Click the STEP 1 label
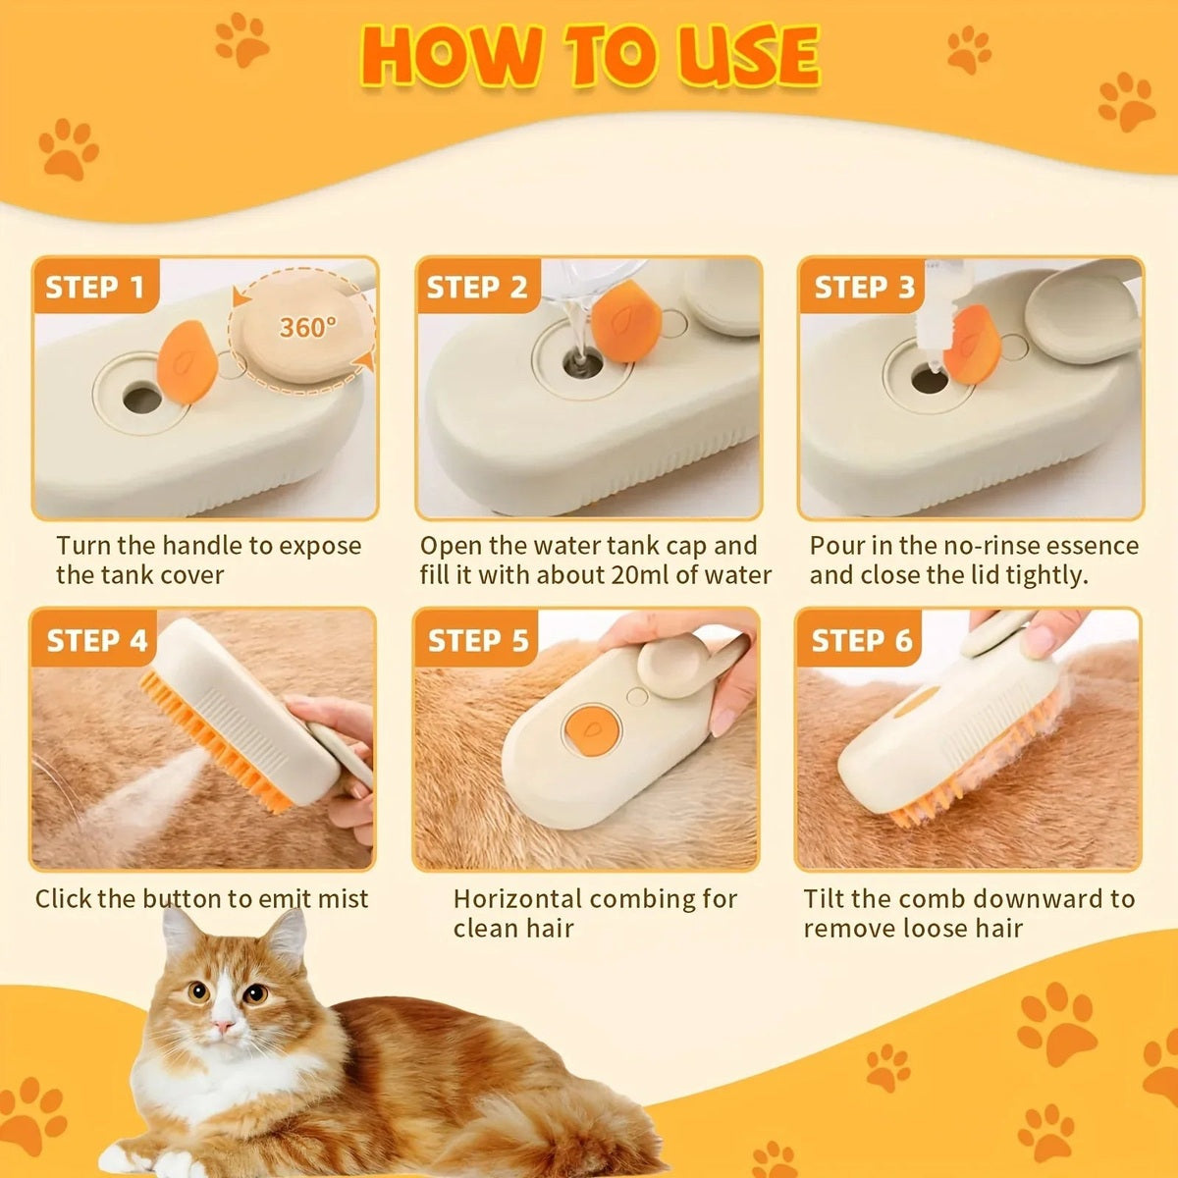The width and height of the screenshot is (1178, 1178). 95,288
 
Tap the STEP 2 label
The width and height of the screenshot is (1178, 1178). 477,288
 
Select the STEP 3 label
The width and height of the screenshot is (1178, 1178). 864,288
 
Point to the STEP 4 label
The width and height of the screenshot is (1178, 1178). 96,640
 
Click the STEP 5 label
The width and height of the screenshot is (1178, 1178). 478,640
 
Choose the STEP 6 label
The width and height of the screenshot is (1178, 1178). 862,640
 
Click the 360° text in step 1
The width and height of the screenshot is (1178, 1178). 307,327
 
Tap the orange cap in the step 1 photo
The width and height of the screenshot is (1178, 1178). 188,361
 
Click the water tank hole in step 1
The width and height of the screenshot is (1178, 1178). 142,399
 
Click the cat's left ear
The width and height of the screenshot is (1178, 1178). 180,933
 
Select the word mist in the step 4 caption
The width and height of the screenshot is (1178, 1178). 343,898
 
